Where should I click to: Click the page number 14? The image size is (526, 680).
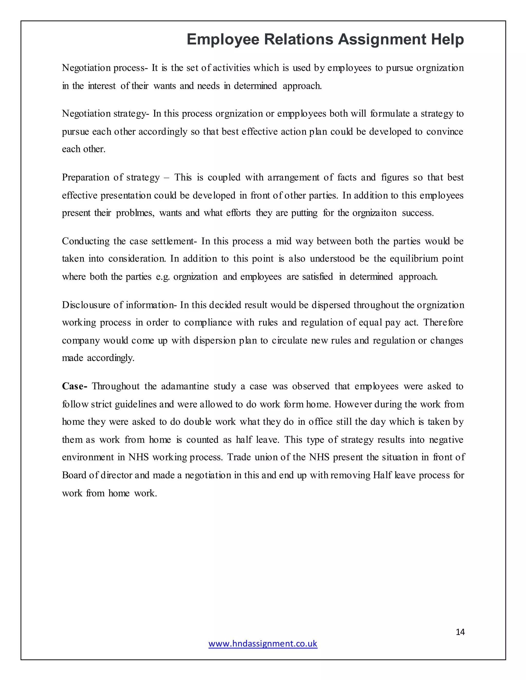coord(460,632)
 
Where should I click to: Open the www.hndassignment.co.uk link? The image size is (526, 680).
coord(263,644)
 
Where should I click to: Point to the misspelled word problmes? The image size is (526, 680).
coord(135,213)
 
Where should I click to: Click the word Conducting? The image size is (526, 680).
coord(85,241)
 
